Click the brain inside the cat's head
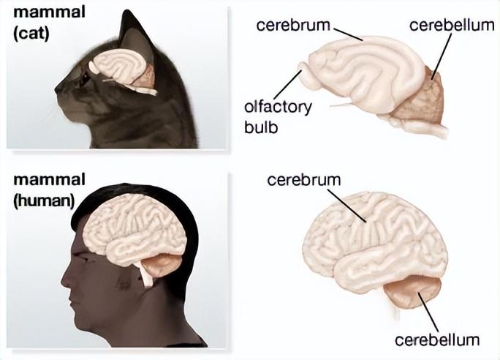coord(117,70)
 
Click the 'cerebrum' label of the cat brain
coord(292,25)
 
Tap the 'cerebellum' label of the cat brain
coord(452,25)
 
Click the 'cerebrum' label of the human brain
coord(304,179)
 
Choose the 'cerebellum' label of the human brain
coord(437,340)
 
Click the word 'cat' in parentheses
coord(30,33)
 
